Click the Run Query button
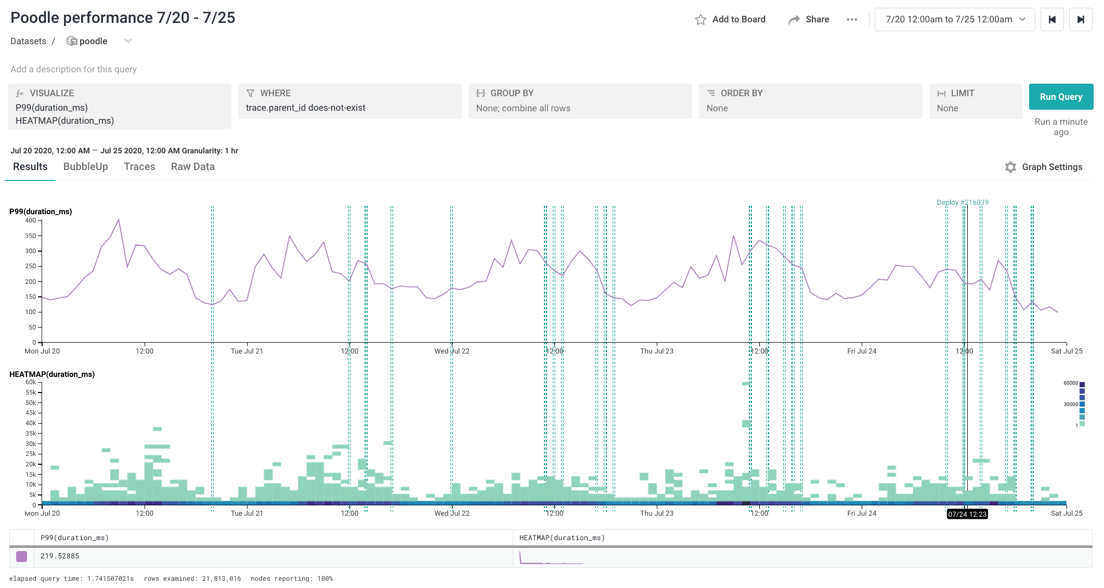1060,97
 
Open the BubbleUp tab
85,166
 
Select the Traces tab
139,166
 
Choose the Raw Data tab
192,166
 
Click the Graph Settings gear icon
1010,167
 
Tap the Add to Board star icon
700,20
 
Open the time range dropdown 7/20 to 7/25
954,19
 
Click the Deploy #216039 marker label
962,202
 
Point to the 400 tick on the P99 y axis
31,220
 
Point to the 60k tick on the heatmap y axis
31,382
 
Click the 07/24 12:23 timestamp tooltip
967,514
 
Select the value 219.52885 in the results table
60,556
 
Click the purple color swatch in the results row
21,556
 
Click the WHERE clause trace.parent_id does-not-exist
305,108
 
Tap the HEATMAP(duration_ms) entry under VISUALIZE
64,121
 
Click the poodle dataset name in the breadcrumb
93,41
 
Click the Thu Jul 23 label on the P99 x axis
656,351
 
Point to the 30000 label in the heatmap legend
1070,404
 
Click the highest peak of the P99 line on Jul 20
119,219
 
